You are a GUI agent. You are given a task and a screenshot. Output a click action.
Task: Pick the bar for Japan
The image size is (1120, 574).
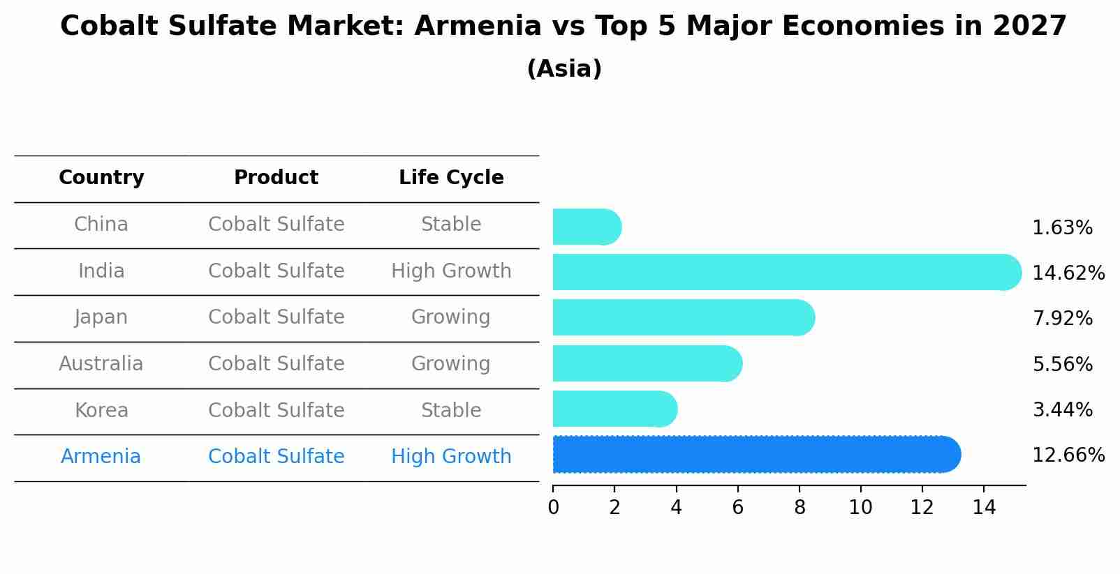pos(683,318)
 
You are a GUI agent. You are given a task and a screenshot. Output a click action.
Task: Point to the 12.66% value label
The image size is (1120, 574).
pos(1068,455)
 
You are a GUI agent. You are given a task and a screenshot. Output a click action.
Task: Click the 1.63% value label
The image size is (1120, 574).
pos(1061,228)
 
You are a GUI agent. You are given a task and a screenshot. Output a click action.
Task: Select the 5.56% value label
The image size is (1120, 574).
pos(1061,364)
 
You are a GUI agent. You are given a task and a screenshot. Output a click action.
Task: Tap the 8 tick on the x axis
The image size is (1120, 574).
pos(799,508)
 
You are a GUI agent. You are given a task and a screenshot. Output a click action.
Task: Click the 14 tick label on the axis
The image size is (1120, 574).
pos(983,508)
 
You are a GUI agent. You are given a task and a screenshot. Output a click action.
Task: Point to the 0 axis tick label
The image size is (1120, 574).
pos(553,508)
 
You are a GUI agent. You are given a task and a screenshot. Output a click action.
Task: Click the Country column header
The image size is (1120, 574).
pos(101,178)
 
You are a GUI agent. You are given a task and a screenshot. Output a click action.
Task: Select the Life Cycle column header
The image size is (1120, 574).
pos(451,178)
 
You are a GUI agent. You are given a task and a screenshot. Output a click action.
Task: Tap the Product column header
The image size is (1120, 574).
pos(276,178)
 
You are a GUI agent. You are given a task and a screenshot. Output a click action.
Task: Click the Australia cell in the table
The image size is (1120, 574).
pos(101,364)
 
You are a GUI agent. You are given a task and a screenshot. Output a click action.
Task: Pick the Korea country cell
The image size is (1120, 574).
pos(101,410)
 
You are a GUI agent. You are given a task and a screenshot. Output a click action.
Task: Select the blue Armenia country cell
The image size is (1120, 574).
pos(101,457)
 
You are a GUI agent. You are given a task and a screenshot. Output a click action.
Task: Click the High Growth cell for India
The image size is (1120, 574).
pos(451,271)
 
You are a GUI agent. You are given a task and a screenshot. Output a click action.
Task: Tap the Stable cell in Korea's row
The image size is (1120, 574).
pos(451,410)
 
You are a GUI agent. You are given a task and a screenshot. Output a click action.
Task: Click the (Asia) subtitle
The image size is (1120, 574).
pos(564,69)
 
